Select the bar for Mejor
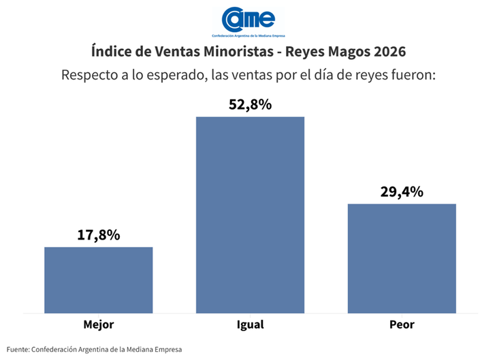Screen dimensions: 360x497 tap(99, 280)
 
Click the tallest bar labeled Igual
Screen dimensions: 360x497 tap(250, 215)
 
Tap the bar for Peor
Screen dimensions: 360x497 tap(402, 259)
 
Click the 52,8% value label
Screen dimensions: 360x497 tap(250, 105)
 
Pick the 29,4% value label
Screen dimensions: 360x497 tap(402, 192)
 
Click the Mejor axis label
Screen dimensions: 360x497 tap(99, 325)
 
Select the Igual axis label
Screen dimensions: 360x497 tap(250, 325)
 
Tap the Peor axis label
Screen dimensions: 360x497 tap(402, 325)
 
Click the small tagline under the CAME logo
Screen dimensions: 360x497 tap(248, 35)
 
